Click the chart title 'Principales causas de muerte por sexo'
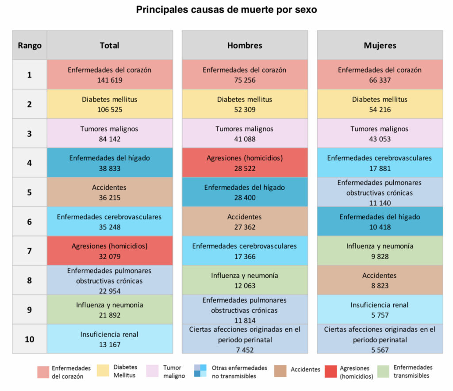226,10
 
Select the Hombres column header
245,45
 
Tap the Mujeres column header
380,45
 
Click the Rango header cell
30,45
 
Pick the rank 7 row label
30,251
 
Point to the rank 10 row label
30,339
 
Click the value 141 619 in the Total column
110,80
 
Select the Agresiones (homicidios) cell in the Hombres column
245,163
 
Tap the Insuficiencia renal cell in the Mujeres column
380,310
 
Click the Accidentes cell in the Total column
110,192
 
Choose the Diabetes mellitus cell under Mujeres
380,104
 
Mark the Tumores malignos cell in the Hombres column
245,133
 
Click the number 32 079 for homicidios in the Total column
110,256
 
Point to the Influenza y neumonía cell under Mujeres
380,251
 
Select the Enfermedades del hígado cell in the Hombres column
245,192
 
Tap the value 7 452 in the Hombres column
245,349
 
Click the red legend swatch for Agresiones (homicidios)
330,372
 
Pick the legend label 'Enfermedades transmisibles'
413,372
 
